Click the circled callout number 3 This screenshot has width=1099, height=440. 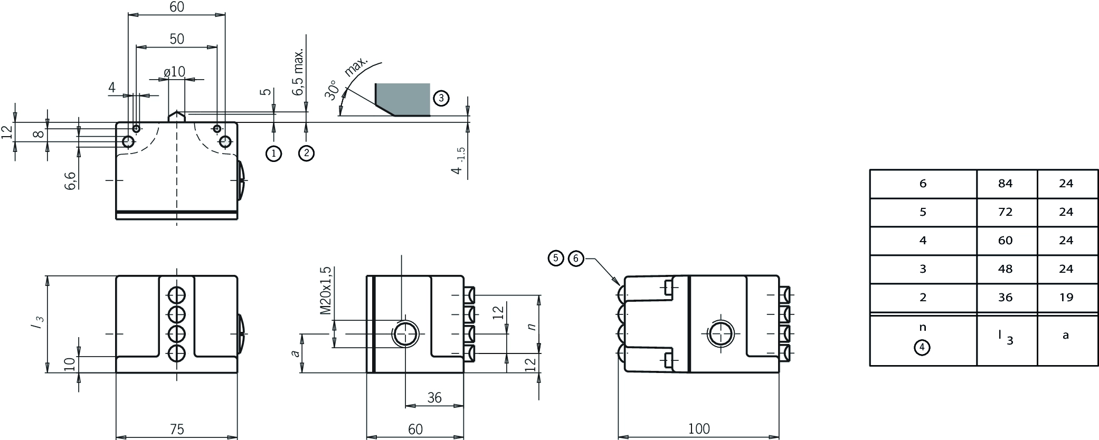pos(441,98)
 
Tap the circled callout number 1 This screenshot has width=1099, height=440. pos(273,154)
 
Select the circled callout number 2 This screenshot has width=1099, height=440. pos(306,154)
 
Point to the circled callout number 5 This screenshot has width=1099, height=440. pos(556,259)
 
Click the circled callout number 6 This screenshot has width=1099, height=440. pos(576,259)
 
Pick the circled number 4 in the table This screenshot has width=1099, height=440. pos(922,348)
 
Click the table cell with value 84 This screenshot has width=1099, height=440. pos(1006,184)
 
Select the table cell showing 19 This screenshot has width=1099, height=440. pos(1066,298)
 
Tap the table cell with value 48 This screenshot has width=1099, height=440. pos(1006,269)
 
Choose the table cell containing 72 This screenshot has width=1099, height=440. pos(1006,212)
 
